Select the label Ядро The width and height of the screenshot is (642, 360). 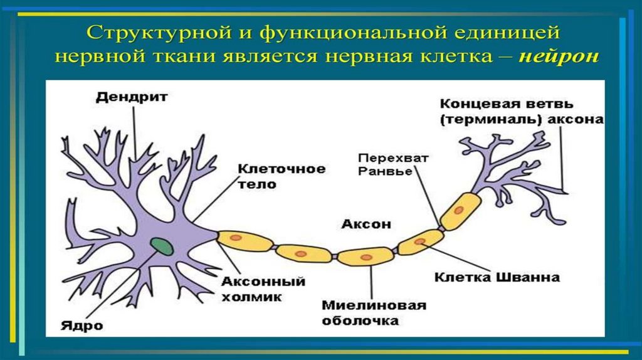82,326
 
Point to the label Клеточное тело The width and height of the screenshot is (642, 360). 282,176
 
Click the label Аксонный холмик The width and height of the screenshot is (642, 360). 263,289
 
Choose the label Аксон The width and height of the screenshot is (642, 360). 366,223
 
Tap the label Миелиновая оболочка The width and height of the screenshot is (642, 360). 374,312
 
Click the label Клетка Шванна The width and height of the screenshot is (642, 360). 497,276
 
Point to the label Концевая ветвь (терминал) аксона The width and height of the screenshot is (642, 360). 521,111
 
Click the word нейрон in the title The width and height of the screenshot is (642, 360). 559,56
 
